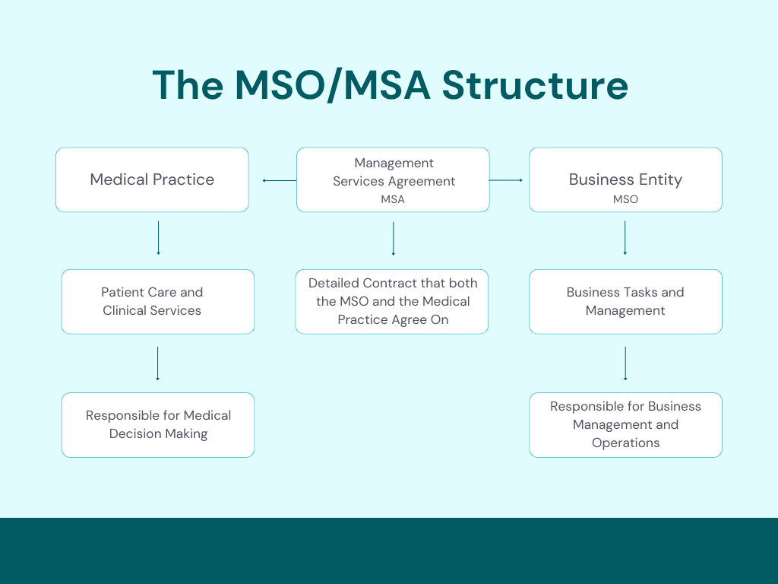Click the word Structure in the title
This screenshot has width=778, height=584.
(x=535, y=85)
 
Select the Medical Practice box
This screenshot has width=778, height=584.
(x=152, y=180)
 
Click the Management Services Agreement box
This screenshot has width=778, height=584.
(x=393, y=179)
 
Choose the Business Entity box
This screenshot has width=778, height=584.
(x=625, y=180)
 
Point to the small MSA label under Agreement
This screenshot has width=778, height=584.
(x=393, y=199)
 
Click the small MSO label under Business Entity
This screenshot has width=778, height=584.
(x=625, y=199)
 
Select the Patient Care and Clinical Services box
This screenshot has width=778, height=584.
(x=158, y=302)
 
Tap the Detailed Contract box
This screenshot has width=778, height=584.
(x=392, y=302)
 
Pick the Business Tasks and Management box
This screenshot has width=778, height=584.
(x=625, y=302)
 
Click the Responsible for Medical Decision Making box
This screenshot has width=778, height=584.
(x=158, y=425)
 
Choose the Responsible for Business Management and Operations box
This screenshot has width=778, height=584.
(x=625, y=425)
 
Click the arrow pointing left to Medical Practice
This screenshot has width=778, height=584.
(x=279, y=180)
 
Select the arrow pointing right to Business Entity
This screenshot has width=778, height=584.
(x=506, y=180)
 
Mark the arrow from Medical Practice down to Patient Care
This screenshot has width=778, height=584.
(x=158, y=238)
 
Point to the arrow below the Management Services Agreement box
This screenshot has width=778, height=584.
(x=393, y=238)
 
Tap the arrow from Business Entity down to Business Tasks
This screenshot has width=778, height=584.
(x=625, y=238)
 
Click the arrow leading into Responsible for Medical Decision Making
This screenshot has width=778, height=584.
(x=158, y=363)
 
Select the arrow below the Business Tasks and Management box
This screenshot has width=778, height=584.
(x=625, y=363)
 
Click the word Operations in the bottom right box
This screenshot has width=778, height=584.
(x=625, y=443)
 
